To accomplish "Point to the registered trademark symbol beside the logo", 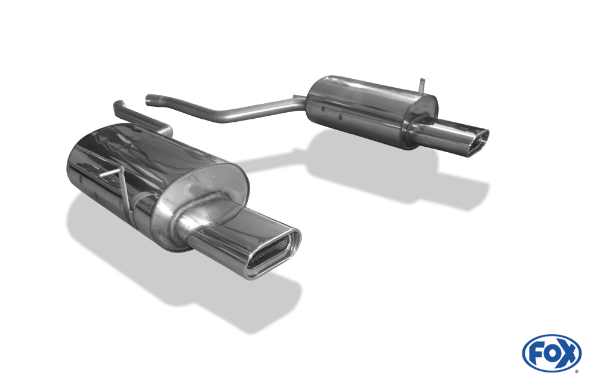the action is [x=577, y=371].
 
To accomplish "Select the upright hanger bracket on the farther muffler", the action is [x=422, y=85].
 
